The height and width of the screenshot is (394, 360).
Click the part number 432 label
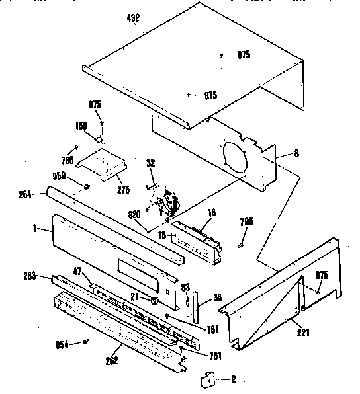click(132, 18)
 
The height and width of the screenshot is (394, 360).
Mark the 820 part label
click(134, 214)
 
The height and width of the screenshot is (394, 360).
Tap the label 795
click(246, 221)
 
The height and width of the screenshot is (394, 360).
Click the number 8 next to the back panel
click(296, 153)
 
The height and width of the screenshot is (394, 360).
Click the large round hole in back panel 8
click(235, 155)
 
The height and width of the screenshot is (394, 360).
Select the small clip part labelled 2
click(208, 379)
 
